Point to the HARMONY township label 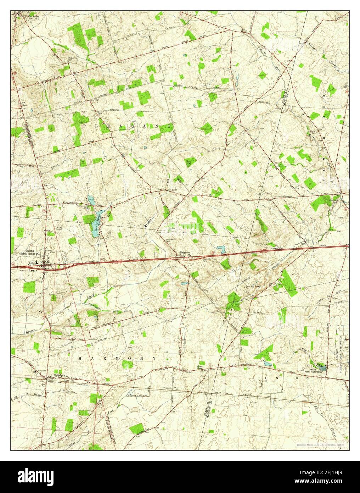[x=117, y=359]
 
